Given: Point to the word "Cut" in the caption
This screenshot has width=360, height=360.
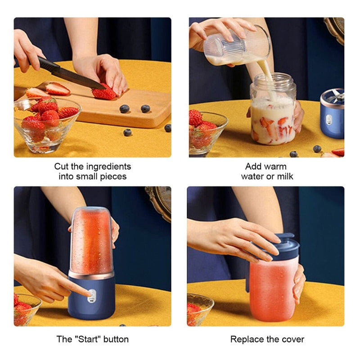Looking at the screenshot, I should (x=62, y=166).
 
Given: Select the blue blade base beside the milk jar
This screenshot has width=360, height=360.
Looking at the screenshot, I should (x=332, y=115).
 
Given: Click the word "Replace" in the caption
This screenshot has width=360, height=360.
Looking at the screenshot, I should (x=247, y=339).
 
